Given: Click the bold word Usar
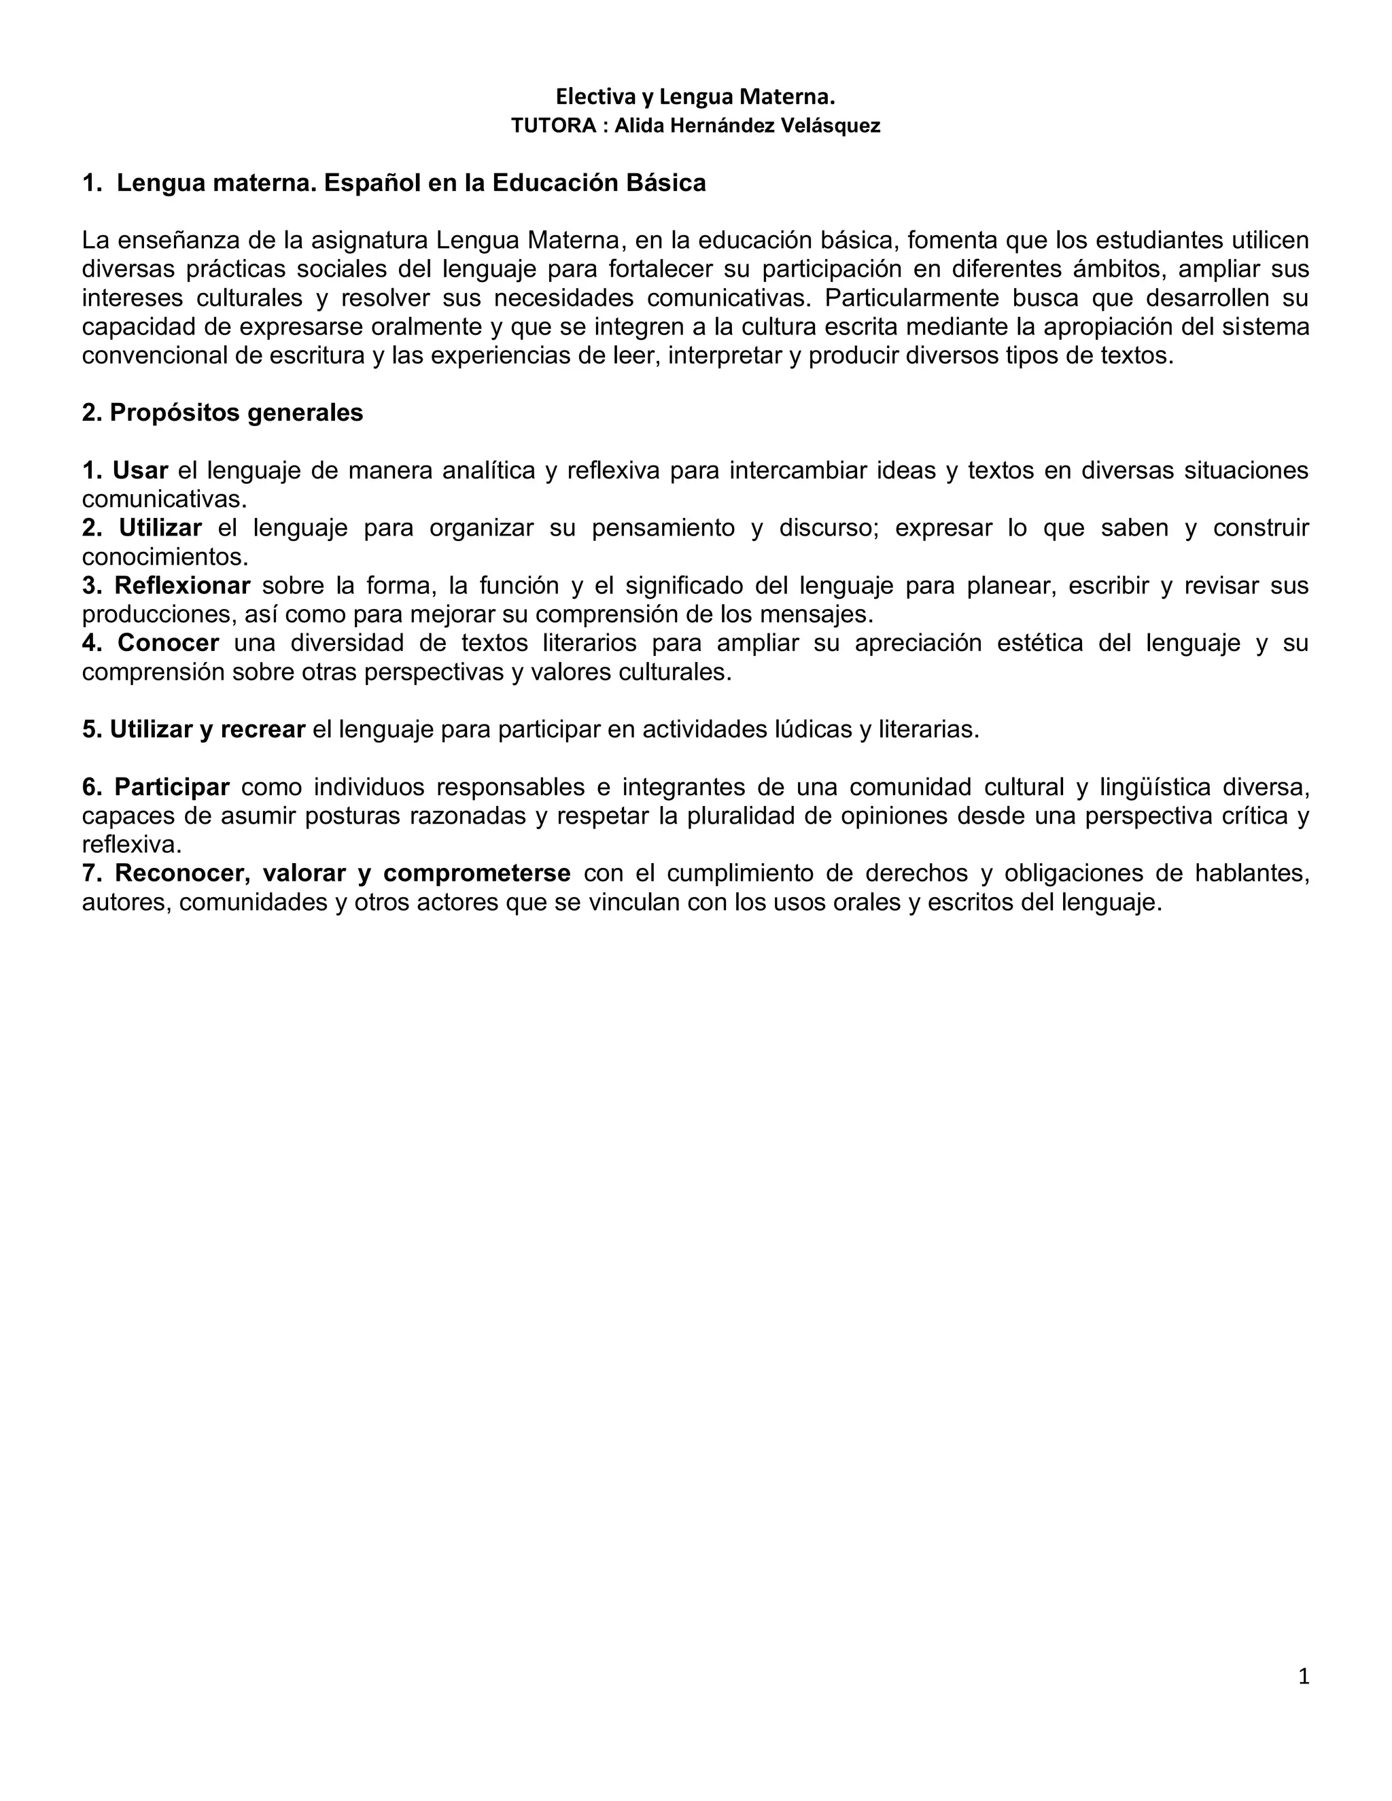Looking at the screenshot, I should (140, 470).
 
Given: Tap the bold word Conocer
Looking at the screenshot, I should (169, 642).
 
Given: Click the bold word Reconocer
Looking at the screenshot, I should (182, 873).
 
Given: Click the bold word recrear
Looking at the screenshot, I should (263, 730).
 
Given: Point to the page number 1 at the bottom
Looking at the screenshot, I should (1303, 1676).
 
